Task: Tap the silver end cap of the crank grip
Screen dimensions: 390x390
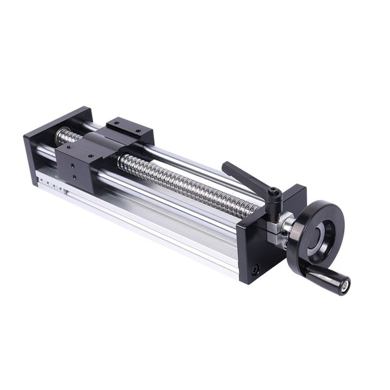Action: (346, 283)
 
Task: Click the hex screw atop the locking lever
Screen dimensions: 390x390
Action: (276, 194)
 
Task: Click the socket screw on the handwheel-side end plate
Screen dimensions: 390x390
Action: (255, 269)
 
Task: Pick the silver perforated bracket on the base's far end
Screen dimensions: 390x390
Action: (52, 183)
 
